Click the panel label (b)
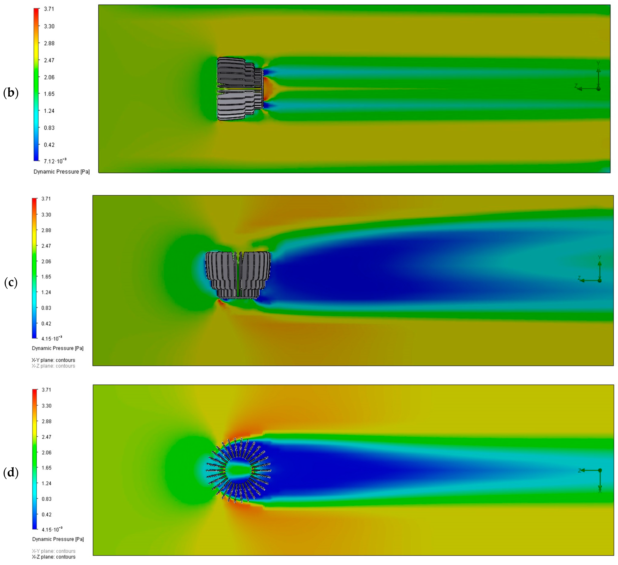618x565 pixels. [x=11, y=93]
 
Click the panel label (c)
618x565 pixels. [x=11, y=282]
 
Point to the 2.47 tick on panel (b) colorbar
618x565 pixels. [x=49, y=60]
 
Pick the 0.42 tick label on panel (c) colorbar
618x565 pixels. [x=46, y=323]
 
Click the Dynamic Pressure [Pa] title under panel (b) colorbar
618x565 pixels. [x=62, y=172]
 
